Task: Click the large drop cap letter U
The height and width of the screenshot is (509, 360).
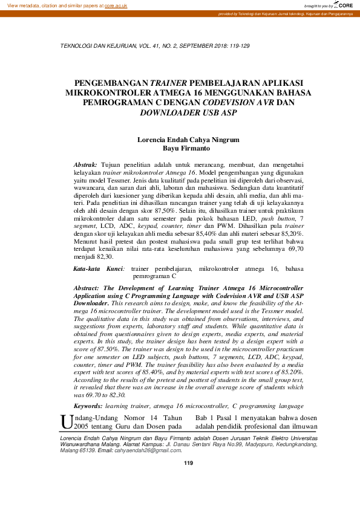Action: pos(67,421)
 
